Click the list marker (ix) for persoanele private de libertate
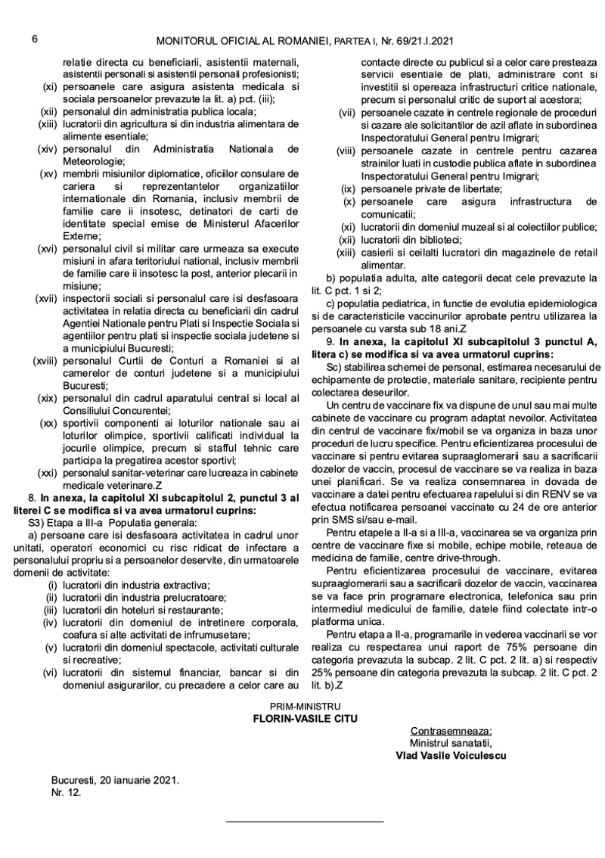[348, 188]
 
